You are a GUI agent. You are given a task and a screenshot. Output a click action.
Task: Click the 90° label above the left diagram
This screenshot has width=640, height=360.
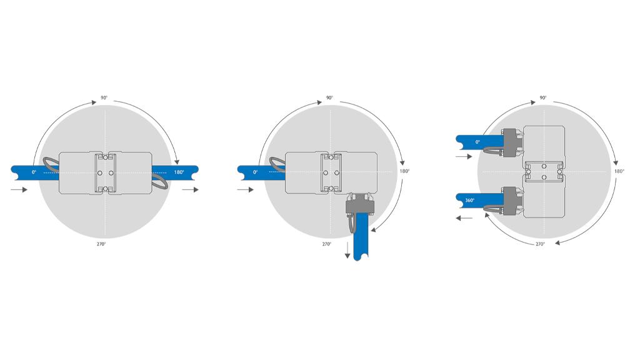104,98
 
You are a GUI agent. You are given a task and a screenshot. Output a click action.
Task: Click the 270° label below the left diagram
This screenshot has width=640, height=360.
101,244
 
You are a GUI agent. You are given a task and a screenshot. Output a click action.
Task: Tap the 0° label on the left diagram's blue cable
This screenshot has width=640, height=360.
34,172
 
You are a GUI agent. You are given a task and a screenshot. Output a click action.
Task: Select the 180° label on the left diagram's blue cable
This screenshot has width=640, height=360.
179,172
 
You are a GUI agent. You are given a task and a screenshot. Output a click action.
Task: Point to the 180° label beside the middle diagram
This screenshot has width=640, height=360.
404,171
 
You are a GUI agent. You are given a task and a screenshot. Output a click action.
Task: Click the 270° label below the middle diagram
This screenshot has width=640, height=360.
326,244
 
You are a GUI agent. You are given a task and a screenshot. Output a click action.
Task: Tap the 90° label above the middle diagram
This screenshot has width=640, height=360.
329,98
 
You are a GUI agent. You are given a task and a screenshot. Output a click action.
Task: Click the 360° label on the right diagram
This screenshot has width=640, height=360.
470,201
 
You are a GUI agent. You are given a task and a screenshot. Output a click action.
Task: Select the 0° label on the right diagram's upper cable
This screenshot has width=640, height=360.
477,142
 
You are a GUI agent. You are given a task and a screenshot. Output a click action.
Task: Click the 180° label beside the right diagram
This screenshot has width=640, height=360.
619,171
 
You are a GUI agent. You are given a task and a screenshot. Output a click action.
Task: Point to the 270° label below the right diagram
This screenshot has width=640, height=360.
540,244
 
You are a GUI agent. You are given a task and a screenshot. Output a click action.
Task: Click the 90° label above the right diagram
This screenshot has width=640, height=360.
543,98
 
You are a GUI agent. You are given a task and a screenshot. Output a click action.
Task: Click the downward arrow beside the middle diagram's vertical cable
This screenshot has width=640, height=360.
347,250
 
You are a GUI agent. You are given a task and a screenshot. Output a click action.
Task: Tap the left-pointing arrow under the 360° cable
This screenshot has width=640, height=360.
464,218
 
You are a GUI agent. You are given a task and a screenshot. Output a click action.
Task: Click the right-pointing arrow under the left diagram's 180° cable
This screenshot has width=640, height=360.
190,190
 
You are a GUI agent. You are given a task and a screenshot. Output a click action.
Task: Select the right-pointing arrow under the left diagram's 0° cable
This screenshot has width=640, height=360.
19,190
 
